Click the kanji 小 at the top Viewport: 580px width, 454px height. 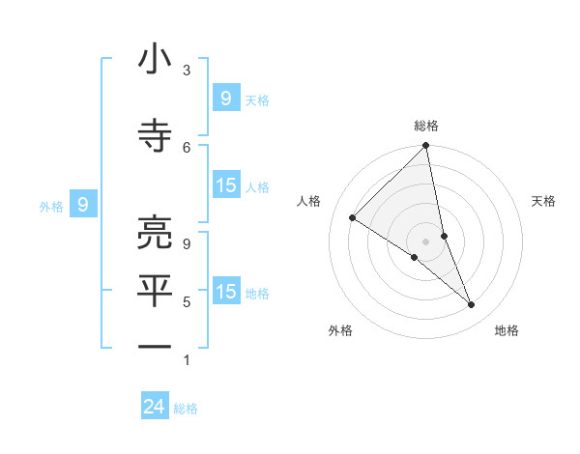coord(155,61)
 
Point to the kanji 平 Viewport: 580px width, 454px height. coord(155,292)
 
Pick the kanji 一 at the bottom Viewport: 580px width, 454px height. coord(155,346)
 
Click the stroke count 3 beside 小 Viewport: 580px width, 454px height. coord(187,71)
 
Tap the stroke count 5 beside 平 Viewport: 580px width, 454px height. coord(187,302)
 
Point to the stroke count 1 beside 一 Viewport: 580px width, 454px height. coord(187,360)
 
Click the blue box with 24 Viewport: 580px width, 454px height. coord(155,408)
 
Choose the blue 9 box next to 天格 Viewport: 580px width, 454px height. coord(225,99)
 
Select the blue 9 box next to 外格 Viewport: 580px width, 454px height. coord(83,205)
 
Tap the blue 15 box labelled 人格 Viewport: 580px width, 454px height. coord(226,185)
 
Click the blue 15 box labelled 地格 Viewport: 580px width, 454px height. coord(226,292)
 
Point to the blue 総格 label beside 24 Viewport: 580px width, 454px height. coord(186,409)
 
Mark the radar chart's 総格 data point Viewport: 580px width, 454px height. coord(425,147)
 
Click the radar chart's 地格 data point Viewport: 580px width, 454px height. coord(472,305)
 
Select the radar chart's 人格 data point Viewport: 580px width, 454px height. coord(353,218)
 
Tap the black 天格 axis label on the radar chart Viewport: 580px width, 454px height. coord(544,201)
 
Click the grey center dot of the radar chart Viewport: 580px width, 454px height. coord(425,241)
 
